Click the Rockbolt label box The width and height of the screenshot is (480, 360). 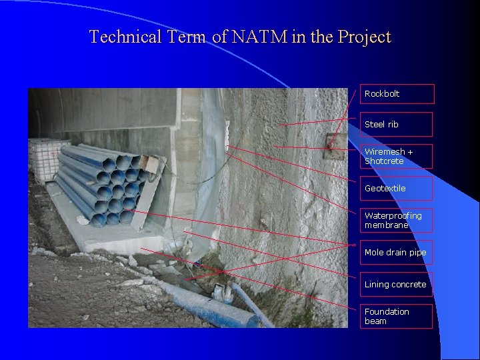tap(397, 94)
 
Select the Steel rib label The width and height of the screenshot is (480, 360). tap(397, 125)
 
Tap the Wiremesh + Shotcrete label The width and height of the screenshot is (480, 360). tap(397, 157)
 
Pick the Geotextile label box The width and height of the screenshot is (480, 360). tap(397, 189)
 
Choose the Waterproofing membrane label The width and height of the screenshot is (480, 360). tap(397, 221)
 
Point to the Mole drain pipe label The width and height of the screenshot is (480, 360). tap(397, 253)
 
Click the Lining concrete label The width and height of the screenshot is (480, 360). tap(397, 285)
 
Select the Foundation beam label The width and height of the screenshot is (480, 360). tap(397, 317)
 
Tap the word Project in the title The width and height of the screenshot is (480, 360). tap(364, 38)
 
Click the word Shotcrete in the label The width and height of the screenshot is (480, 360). tap(384, 161)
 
